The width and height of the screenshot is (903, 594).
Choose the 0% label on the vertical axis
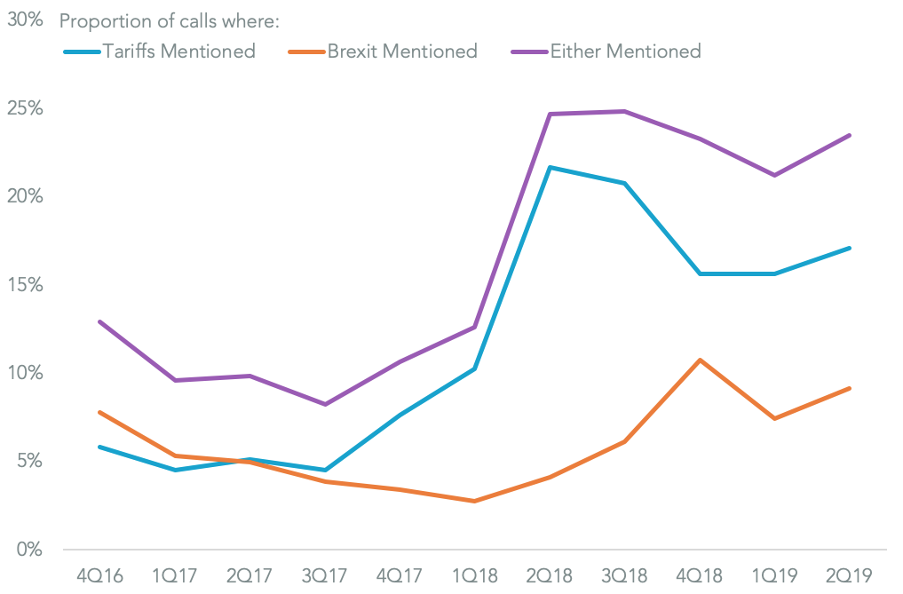point(28,549)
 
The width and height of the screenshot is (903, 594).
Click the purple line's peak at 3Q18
point(625,111)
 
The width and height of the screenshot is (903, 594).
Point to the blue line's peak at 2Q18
point(551,167)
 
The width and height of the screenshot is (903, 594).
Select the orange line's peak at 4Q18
point(701,360)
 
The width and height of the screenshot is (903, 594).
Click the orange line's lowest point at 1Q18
point(475,501)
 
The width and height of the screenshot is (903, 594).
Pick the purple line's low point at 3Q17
point(325,404)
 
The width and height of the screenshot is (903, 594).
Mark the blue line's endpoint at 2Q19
point(850,248)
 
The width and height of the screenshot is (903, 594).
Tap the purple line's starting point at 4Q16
point(99,321)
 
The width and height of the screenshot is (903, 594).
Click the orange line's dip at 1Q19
point(775,418)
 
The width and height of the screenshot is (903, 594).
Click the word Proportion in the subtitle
point(101,20)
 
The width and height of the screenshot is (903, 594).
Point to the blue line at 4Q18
point(701,273)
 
